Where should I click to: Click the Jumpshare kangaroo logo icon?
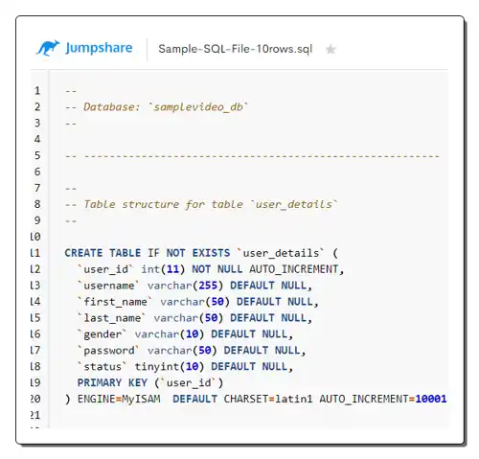tap(48, 48)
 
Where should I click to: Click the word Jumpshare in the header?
tap(99, 48)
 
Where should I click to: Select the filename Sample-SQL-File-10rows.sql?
tap(236, 49)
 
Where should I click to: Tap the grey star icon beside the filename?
tap(331, 49)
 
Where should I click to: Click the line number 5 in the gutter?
tap(37, 155)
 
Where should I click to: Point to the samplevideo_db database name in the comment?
tap(198, 107)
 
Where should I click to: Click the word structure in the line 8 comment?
tap(150, 204)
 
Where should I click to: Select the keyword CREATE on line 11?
tap(83, 253)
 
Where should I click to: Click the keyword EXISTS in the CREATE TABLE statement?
tap(211, 253)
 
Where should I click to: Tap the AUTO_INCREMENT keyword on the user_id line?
tap(294, 269)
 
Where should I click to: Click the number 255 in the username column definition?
tap(208, 286)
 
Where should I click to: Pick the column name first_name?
tap(115, 302)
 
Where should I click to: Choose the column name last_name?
tap(112, 318)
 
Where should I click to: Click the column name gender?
tap(103, 334)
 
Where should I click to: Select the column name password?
tap(109, 351)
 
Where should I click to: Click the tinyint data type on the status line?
tap(157, 367)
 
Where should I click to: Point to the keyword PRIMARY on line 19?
tap(100, 382)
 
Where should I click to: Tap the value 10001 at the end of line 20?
tap(431, 399)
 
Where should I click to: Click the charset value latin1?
tap(294, 399)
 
